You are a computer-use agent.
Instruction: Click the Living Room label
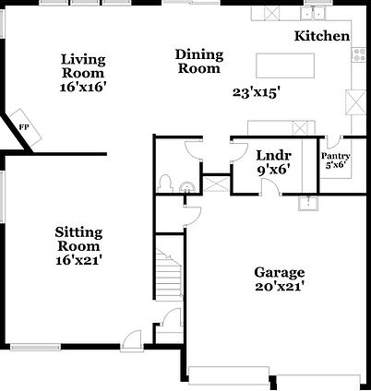pos(83,65)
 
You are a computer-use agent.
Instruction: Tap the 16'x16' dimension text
pos(83,86)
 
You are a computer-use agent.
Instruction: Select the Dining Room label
pos(198,61)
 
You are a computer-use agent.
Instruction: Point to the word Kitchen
pos(322,37)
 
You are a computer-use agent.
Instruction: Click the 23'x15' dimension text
pos(255,92)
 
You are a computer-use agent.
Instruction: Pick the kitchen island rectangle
pos(284,65)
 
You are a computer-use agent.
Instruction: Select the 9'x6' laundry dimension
pos(274,170)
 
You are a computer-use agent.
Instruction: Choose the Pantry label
pos(335,156)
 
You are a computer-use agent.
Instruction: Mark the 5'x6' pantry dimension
pos(335,166)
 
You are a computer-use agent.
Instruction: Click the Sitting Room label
pos(78,239)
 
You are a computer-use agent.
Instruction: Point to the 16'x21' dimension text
pos(78,260)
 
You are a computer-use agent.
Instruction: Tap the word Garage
pos(279,273)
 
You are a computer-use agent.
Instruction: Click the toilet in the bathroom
pos(166,181)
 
